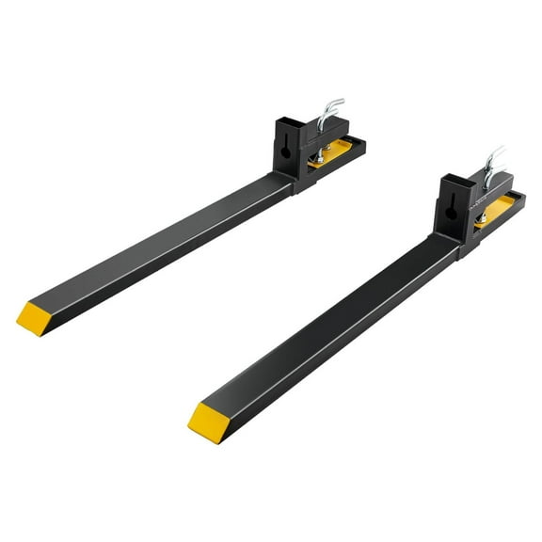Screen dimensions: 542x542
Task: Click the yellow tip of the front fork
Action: pyautogui.click(x=207, y=420)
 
